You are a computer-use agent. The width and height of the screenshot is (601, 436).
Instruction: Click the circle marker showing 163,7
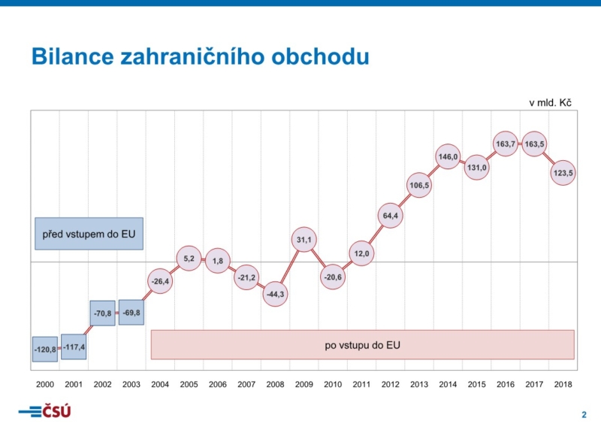[506, 144]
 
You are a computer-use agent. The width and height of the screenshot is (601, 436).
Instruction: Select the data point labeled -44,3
[276, 294]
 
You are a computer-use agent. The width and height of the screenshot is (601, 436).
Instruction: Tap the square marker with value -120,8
[45, 350]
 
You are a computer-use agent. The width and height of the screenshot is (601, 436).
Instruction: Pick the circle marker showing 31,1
[304, 240]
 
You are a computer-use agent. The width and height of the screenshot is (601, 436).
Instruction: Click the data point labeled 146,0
[448, 157]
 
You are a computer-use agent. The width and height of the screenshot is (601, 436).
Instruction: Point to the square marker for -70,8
[102, 313]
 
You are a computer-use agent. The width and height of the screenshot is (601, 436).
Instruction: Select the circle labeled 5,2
[189, 259]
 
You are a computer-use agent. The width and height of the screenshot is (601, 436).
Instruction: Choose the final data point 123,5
[563, 172]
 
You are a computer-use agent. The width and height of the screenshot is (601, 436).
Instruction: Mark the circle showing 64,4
[391, 216]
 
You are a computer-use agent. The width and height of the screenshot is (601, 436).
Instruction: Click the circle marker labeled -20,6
[333, 277]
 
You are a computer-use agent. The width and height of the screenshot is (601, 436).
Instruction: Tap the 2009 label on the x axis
[304, 384]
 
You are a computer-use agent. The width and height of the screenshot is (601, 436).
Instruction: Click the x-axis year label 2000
[45, 384]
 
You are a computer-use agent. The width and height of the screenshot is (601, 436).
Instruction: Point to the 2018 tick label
[563, 384]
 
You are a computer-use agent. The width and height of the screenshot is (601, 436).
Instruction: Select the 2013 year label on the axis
[419, 384]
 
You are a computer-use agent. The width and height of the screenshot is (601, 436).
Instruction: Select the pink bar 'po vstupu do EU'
[362, 345]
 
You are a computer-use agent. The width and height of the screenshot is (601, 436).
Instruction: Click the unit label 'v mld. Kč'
[551, 102]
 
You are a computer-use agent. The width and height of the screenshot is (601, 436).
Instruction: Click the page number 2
[584, 415]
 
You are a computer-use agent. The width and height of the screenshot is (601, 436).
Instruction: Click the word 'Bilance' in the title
[71, 56]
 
